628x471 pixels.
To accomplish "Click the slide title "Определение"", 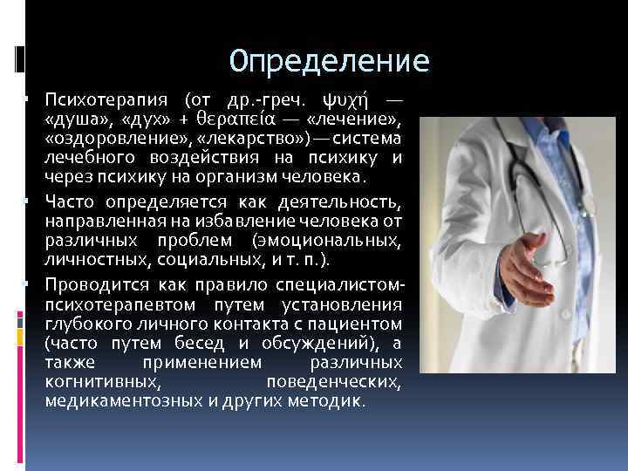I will pyautogui.click(x=330, y=62).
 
